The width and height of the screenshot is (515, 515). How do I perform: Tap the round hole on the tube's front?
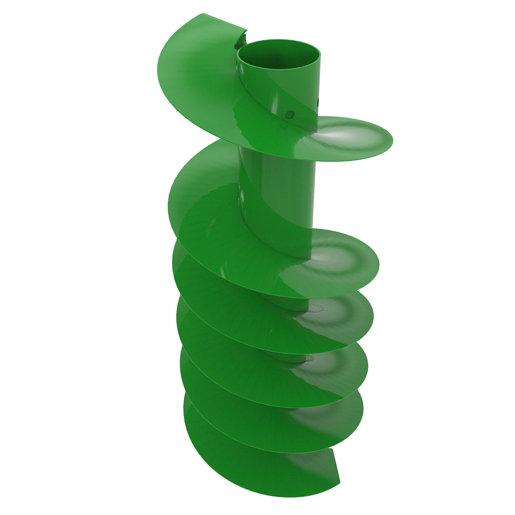pos(290,114)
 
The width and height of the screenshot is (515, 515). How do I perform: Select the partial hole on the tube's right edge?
pos(318,102)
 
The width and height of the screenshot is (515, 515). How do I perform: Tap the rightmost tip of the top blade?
pos(391,142)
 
